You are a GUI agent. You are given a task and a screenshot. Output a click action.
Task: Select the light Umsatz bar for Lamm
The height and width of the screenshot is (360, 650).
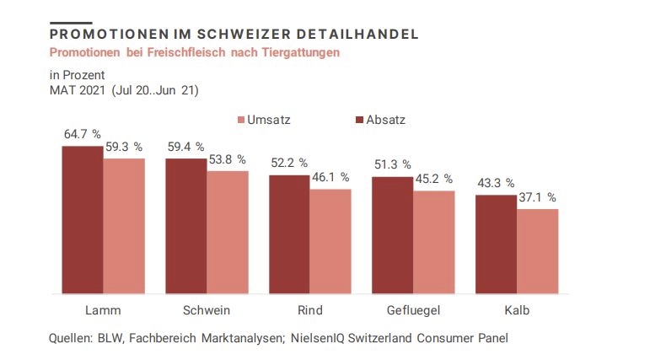click(x=124, y=225)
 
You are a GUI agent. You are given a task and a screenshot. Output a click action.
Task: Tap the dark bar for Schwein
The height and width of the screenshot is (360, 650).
click(x=185, y=226)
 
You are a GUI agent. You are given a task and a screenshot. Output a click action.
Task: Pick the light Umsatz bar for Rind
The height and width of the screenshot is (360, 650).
click(x=330, y=241)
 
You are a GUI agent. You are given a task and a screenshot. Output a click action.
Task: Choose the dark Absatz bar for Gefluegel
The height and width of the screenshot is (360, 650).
click(x=392, y=235)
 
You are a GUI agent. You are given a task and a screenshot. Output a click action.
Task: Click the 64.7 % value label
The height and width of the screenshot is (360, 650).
click(x=82, y=134)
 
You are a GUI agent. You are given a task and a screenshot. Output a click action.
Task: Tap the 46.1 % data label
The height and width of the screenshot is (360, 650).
click(x=330, y=177)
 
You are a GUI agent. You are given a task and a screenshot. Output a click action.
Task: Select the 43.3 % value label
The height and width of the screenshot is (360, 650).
click(x=495, y=182)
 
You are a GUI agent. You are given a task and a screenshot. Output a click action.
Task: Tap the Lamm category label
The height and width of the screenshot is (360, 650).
click(x=102, y=309)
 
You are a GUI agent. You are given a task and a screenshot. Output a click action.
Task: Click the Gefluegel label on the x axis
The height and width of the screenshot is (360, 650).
click(x=413, y=309)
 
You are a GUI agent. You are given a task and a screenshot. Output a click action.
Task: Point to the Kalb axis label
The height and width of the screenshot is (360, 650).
click(x=516, y=309)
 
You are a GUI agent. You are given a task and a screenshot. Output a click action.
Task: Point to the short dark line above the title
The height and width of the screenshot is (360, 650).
click(x=71, y=22)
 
